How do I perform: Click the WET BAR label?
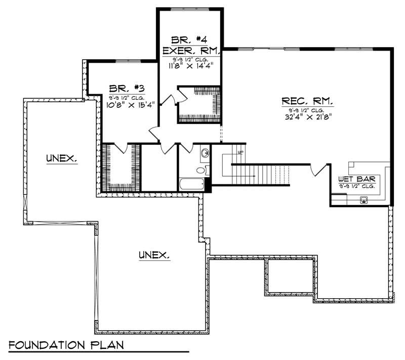coord(356,179)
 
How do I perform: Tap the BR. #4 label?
coord(190,39)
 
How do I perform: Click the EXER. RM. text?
coord(190,51)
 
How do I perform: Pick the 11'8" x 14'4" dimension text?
coord(190,65)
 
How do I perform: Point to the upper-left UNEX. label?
coord(61,158)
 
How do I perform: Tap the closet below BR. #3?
coord(121,168)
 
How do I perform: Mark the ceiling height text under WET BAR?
coord(357,186)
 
